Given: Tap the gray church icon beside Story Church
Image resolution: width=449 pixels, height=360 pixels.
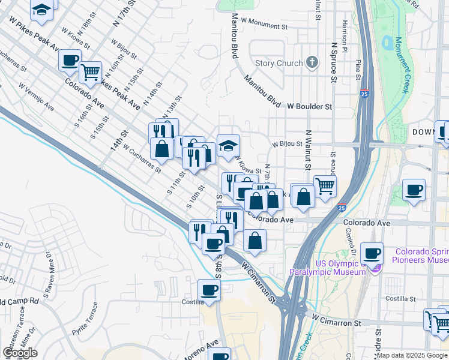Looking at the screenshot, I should (312, 62).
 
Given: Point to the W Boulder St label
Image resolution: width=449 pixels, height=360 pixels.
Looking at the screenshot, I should (309, 106).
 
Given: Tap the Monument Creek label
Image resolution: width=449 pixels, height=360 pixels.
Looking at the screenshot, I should (402, 66).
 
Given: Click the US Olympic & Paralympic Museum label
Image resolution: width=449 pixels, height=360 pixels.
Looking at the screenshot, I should (327, 268).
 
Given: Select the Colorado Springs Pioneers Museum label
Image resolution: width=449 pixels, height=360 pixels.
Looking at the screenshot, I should (420, 256).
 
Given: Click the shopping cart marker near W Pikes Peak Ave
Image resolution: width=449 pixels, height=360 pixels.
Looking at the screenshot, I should (90, 71).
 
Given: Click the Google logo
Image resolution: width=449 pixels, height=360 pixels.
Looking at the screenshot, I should (20, 353).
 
